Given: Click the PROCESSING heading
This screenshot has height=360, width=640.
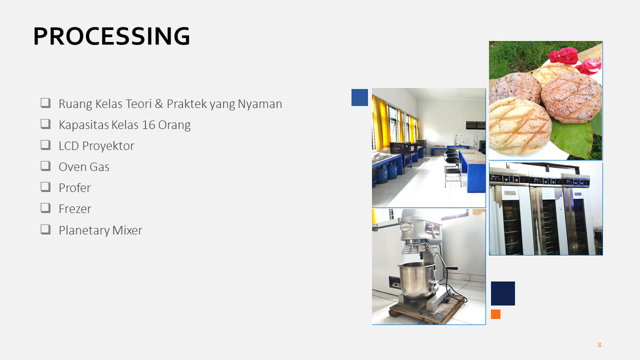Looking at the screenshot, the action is pos(111,36).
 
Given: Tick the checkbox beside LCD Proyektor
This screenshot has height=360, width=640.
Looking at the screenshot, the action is pos(45,145).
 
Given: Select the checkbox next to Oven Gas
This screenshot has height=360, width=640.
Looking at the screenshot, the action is pos(45,166).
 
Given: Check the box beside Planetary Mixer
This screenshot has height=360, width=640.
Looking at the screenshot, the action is pos(45,229).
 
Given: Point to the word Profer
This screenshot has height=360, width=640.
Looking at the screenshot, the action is pos(74,187).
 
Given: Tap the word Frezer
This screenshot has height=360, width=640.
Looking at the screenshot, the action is pos(75,209).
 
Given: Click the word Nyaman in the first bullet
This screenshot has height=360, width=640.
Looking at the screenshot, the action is pos(259,104).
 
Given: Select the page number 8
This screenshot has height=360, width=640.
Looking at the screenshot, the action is pos(599,345).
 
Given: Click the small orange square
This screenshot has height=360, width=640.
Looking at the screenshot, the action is pos(495,314).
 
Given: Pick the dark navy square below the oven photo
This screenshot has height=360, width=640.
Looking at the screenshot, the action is pos(503,293).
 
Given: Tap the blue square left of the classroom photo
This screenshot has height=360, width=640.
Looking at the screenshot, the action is pos(359,97).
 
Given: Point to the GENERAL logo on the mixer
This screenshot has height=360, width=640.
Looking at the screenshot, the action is pos(405,227).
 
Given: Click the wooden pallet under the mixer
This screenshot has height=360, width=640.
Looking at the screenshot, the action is pos(425,310).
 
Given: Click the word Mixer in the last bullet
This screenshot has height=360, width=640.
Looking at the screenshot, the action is pos(127,230).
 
